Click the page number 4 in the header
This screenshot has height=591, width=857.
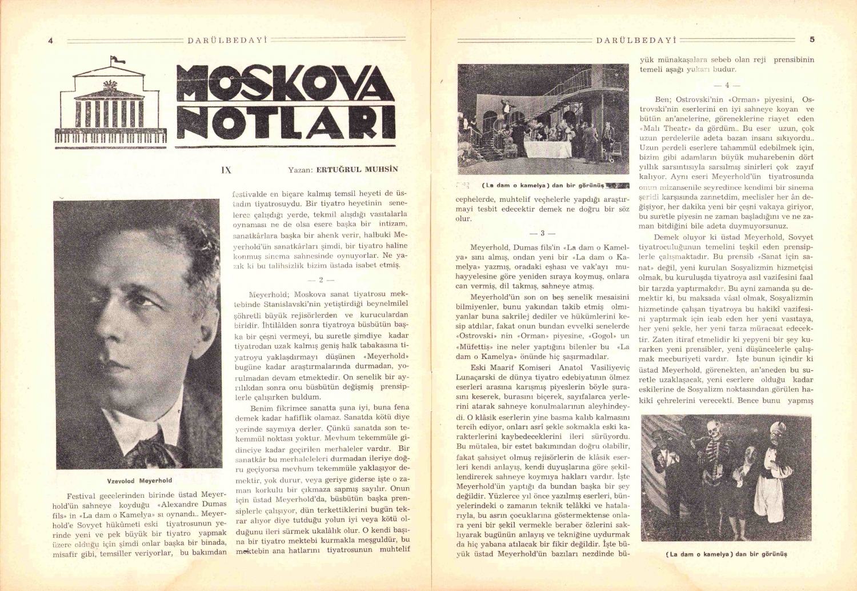[x=51, y=41]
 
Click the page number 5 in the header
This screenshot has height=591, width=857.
[x=812, y=39]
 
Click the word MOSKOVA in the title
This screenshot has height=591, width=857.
[x=285, y=83]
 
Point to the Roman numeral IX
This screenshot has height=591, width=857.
[x=226, y=170]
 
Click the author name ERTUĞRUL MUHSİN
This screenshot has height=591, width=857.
[x=357, y=170]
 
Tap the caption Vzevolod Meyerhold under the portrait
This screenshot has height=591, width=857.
[x=139, y=481]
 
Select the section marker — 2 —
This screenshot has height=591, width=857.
[x=321, y=279]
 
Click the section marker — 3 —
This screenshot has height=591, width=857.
[x=542, y=233]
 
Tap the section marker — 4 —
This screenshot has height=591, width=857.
[x=727, y=85]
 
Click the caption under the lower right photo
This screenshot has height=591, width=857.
[x=726, y=554]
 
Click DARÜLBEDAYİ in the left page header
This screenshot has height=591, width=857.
[x=227, y=41]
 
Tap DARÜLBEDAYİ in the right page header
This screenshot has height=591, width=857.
[x=636, y=40]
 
